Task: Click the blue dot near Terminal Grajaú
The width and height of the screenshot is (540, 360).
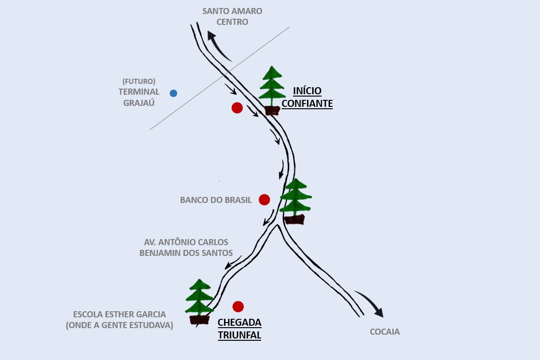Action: (x=173, y=93)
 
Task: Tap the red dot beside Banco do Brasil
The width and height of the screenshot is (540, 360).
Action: (x=264, y=200)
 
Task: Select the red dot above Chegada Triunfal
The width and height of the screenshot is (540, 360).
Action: (x=238, y=307)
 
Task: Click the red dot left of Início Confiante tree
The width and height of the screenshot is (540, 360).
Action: (x=237, y=108)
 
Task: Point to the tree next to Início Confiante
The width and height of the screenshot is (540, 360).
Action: (x=272, y=89)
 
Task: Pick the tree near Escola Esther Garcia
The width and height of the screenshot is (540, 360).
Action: (x=200, y=300)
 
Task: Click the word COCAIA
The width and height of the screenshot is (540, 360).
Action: (x=385, y=332)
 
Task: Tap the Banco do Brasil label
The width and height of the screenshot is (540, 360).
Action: (x=216, y=200)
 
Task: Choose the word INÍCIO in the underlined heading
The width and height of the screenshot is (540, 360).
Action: (x=307, y=91)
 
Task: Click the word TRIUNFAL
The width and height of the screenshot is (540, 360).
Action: (x=240, y=335)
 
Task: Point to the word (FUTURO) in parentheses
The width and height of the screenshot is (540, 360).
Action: (x=139, y=81)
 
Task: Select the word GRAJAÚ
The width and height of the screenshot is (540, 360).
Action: (x=139, y=103)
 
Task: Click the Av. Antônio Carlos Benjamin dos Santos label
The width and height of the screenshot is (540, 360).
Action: (x=186, y=248)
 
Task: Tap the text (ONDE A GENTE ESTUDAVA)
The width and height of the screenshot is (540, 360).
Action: (x=120, y=325)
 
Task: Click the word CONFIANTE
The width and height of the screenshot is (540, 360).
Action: (x=307, y=104)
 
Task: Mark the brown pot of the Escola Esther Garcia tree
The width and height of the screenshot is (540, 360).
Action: (x=200, y=320)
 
